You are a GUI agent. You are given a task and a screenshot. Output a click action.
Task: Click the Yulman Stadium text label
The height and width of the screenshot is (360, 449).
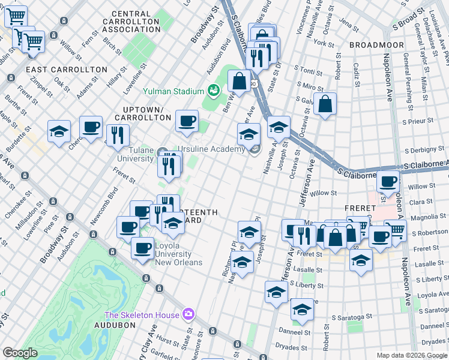click(x=173, y=91)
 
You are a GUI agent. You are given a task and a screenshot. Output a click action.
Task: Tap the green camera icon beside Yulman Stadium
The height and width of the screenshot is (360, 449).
click(x=212, y=91)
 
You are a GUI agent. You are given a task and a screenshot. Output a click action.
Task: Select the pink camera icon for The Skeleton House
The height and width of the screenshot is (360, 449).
click(x=188, y=314)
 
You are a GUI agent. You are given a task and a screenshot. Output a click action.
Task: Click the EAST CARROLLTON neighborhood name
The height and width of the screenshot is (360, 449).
click(x=58, y=70)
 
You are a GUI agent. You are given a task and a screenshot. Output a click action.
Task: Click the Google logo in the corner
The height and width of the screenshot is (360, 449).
click(x=20, y=353)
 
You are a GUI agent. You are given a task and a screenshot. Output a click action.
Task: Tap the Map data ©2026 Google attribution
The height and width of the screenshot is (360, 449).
click(x=412, y=355)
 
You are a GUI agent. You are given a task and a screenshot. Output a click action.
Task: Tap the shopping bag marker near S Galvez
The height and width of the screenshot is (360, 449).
click(x=325, y=104)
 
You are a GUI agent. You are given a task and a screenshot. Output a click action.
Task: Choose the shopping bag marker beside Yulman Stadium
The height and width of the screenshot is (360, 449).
click(x=239, y=81)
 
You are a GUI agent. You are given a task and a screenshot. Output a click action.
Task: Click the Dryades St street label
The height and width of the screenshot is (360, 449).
click(x=291, y=347)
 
